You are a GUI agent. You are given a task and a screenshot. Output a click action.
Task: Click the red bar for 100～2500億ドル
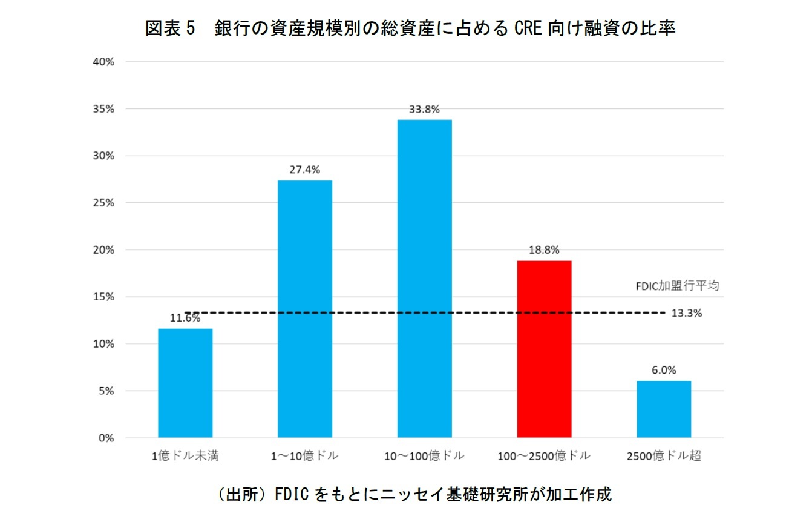pyautogui.click(x=544, y=349)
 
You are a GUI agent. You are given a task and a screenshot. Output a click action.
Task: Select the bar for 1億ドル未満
pyautogui.click(x=185, y=383)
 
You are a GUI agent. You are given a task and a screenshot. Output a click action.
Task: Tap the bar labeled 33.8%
pyautogui.click(x=424, y=279)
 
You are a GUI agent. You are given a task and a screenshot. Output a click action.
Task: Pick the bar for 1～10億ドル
pyautogui.click(x=305, y=309)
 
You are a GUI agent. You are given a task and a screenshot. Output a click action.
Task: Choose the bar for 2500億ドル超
pyautogui.click(x=664, y=409)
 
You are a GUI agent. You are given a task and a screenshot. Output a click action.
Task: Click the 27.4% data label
pyautogui.click(x=305, y=170)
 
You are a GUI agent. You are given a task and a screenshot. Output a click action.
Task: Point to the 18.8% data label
pyautogui.click(x=544, y=250)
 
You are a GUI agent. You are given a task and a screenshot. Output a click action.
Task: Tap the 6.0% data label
pyautogui.click(x=664, y=370)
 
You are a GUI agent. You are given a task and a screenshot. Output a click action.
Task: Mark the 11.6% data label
pyautogui.click(x=185, y=318)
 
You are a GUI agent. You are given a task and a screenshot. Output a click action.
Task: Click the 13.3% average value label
pyautogui.click(x=687, y=313)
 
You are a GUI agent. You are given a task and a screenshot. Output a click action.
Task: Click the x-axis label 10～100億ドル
pyautogui.click(x=424, y=456)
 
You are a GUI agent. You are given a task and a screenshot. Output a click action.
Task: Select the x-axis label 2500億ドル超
pyautogui.click(x=664, y=456)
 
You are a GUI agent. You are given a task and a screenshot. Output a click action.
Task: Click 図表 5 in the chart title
pyautogui.click(x=172, y=29)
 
